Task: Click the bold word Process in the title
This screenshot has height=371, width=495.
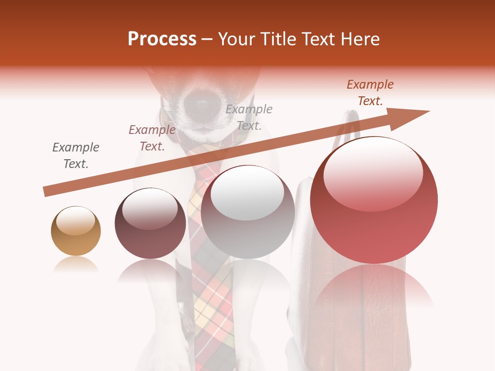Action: pyautogui.click(x=162, y=39)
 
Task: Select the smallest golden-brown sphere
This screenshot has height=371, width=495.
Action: pyautogui.click(x=76, y=231)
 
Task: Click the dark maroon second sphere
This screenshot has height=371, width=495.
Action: pyautogui.click(x=150, y=224)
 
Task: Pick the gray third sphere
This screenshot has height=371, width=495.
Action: pyautogui.click(x=248, y=212)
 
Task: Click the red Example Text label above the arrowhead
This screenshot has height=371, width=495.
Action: pyautogui.click(x=370, y=93)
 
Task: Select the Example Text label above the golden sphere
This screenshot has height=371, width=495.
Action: pyautogui.click(x=76, y=156)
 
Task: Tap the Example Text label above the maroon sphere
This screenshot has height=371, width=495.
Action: pyautogui.click(x=152, y=138)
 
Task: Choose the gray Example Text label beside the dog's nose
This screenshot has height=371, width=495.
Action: pyautogui.click(x=249, y=117)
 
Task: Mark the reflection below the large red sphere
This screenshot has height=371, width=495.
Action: pyautogui.click(x=374, y=289)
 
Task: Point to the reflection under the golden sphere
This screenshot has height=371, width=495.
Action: pyautogui.click(x=76, y=265)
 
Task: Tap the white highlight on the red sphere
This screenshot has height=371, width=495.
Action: pyautogui.click(x=373, y=173)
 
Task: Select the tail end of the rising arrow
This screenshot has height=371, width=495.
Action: pyautogui.click(x=47, y=192)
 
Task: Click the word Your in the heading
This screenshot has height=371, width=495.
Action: pyautogui.click(x=237, y=39)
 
